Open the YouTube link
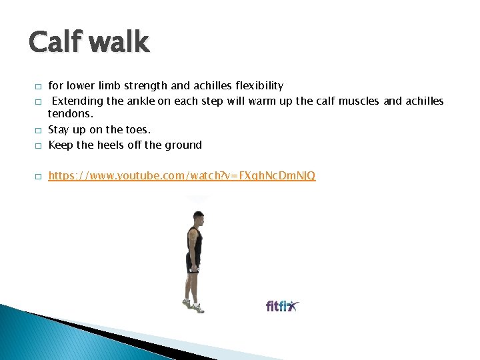tap(182, 176)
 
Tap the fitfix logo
tap(283, 306)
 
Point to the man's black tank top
tap(194, 240)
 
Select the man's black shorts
tap(193, 261)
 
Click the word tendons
tap(69, 115)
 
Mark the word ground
tap(183, 145)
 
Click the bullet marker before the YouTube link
tap(38, 177)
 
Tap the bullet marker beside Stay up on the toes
tap(38, 131)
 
